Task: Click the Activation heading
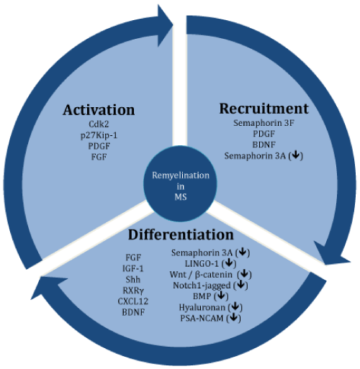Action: tap(99, 110)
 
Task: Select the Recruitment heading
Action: tap(264, 109)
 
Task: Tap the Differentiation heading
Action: tap(181, 234)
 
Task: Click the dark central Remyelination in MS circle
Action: tap(181, 183)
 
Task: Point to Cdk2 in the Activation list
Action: tap(99, 124)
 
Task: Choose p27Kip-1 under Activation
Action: tap(99, 135)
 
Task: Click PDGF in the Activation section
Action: tap(99, 146)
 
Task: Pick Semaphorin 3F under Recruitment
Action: tap(264, 123)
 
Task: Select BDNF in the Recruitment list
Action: tap(264, 145)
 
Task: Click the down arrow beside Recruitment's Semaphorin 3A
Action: tap(296, 155)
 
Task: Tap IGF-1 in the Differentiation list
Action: tap(133, 268)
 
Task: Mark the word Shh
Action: tap(133, 280)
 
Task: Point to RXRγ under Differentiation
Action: tap(133, 291)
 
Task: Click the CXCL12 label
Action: tap(133, 301)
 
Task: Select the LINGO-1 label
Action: tap(202, 263)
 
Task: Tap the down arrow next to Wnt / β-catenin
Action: tap(244, 273)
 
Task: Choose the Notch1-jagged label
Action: tap(202, 286)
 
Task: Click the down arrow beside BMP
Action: tap(221, 296)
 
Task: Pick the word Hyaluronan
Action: tap(202, 307)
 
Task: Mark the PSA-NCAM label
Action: tap(202, 318)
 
